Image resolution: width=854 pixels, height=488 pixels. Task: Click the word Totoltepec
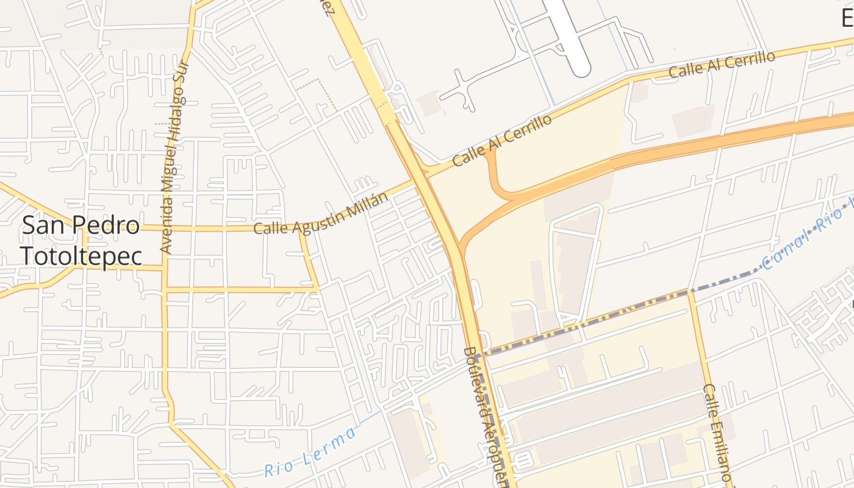[81, 256]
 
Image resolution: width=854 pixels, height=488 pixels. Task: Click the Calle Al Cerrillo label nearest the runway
[722, 64]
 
